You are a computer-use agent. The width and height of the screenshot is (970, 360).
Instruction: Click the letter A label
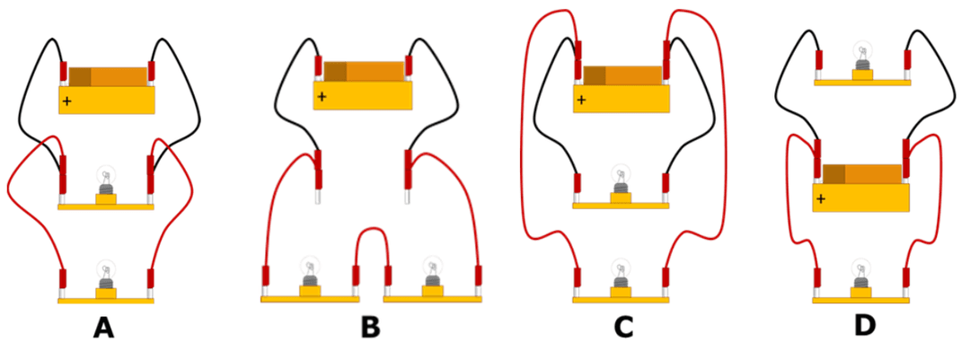[x=103, y=329]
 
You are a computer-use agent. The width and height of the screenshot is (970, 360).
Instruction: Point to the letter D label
[x=864, y=325]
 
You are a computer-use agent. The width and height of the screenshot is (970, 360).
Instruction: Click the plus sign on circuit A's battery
[x=67, y=102]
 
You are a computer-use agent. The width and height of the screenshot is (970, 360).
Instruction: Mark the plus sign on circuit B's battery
[x=322, y=96]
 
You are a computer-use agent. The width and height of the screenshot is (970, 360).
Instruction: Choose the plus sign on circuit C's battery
[x=581, y=100]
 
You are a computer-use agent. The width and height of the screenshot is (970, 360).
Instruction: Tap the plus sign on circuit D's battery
[x=821, y=198]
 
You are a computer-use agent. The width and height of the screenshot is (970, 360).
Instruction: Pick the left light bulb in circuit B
[x=310, y=273]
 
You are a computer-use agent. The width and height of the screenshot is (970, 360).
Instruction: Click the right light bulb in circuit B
[x=433, y=273]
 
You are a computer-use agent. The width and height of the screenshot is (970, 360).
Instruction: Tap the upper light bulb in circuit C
[x=620, y=180]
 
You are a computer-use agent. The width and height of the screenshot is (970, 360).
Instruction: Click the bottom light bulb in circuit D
[x=861, y=274]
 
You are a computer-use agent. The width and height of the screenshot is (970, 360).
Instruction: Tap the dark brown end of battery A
[x=80, y=76]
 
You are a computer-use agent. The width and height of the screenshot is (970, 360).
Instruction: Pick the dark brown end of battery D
[x=833, y=173]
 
